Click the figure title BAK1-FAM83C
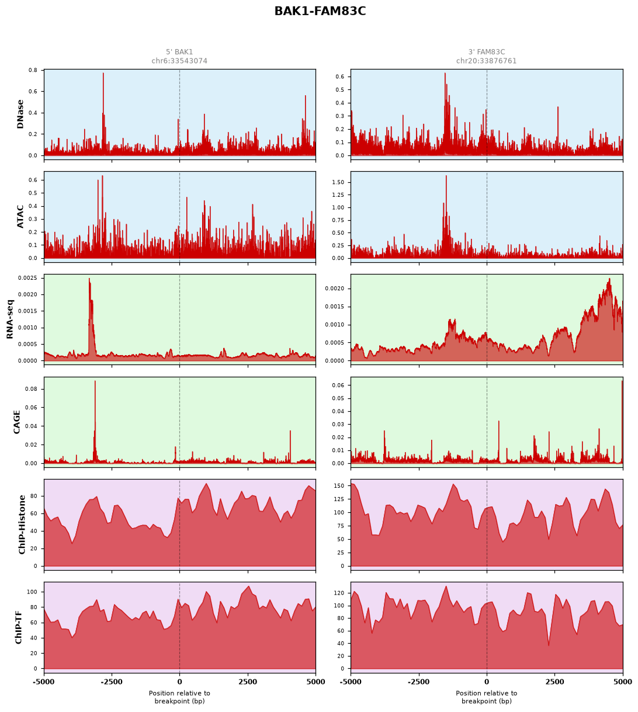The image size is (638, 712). point(320,11)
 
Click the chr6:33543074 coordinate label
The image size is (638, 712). point(179,61)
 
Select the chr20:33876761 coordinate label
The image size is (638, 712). point(487,61)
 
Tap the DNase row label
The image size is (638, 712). point(20,114)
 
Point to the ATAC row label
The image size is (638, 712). point(20,217)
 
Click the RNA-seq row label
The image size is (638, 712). point(9,319)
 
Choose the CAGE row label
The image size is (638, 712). point(16,422)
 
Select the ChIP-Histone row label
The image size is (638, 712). point(22,525)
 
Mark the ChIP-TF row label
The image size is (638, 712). point(18,628)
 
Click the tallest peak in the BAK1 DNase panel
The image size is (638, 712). point(103,74)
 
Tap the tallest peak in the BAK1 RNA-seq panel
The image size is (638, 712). point(89,279)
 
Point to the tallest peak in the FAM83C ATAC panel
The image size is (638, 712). point(446,176)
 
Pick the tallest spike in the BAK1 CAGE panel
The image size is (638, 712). point(95,381)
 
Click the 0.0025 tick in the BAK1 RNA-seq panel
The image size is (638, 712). point(27,278)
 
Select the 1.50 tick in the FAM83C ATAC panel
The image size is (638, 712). point(338,182)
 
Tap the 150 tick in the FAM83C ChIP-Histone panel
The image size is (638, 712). point(339,486)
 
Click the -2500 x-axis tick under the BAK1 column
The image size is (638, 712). point(112,682)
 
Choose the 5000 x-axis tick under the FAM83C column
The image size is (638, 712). point(623,682)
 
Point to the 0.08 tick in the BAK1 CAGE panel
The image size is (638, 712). point(31,389)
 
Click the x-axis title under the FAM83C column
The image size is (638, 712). point(487,697)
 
